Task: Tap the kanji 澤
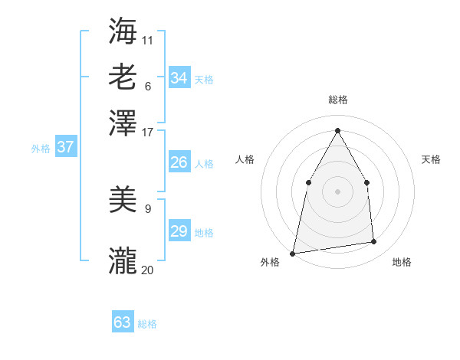tap(123, 123)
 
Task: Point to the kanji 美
tap(123, 201)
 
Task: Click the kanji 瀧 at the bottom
tap(123, 260)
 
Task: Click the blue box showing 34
tap(179, 78)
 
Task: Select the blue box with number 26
tap(179, 162)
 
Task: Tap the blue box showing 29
tap(179, 231)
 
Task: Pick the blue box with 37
tap(65, 147)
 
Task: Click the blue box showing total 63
tap(123, 322)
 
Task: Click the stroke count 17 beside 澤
tap(147, 133)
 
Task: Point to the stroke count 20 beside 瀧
tap(147, 270)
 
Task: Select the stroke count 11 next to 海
tap(147, 40)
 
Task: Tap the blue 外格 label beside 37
tap(40, 149)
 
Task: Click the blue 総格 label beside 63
tap(147, 324)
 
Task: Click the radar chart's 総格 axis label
tap(337, 100)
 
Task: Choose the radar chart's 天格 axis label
tap(431, 159)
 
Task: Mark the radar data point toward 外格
tap(293, 253)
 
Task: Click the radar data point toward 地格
tap(374, 242)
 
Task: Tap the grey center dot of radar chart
tap(337, 191)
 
